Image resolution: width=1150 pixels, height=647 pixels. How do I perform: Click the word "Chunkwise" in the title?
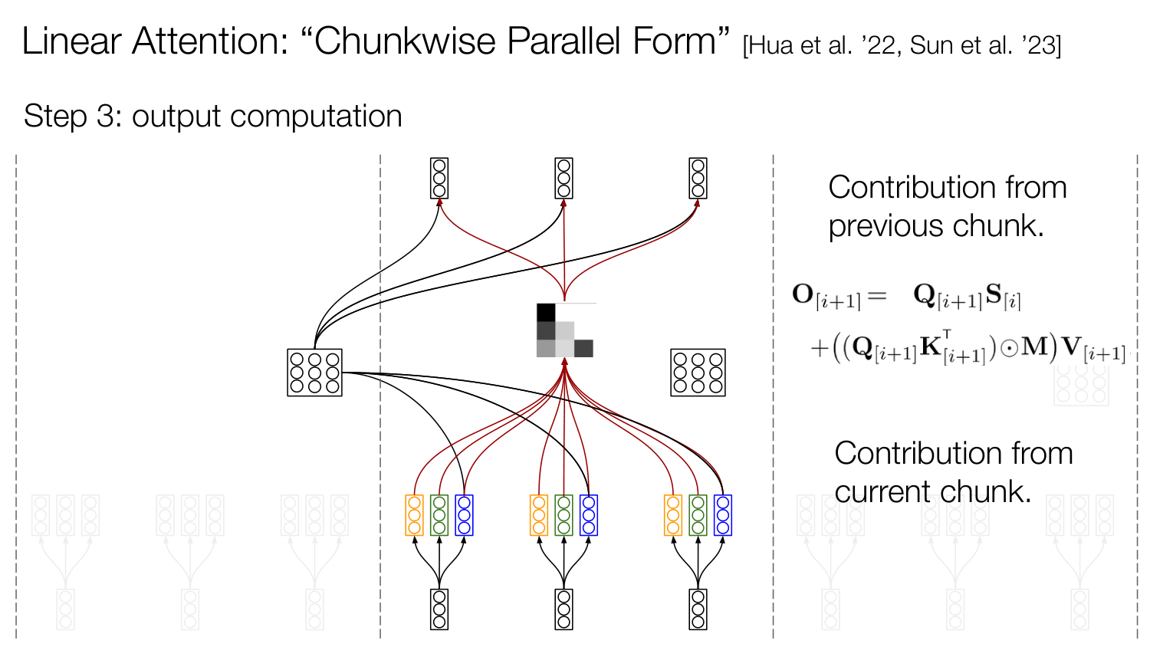point(405,41)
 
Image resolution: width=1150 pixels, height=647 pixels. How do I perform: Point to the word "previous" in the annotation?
point(885,226)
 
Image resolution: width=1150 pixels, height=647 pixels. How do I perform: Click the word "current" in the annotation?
point(886,492)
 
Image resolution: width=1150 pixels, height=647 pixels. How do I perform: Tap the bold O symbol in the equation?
point(803,294)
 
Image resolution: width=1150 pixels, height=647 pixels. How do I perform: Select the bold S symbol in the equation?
point(994,294)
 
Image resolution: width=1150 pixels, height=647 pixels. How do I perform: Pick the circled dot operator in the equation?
point(1010,349)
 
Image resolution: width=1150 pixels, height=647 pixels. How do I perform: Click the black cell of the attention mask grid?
point(546,313)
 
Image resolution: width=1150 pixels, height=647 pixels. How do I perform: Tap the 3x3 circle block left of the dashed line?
point(314,373)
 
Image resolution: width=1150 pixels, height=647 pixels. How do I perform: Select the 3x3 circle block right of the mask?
point(698,373)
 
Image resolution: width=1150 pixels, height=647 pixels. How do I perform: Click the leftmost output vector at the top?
point(439,178)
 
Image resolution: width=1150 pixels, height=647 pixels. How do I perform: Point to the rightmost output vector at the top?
point(698,178)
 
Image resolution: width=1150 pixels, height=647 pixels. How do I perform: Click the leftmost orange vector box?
point(414,515)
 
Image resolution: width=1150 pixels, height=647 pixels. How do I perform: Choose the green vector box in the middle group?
point(563,515)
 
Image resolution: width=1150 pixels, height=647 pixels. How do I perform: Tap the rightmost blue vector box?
point(723,515)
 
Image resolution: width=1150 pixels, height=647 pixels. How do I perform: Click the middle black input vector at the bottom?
point(563,609)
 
